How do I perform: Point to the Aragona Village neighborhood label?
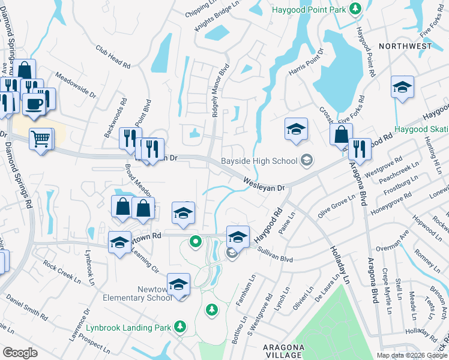[283, 352]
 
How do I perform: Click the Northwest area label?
[406, 46]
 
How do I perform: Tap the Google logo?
[20, 352]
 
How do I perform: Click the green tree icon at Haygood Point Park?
[355, 8]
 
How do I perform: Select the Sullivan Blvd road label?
[275, 256]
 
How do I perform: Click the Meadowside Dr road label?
[76, 85]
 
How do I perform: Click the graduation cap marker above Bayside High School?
[295, 129]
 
